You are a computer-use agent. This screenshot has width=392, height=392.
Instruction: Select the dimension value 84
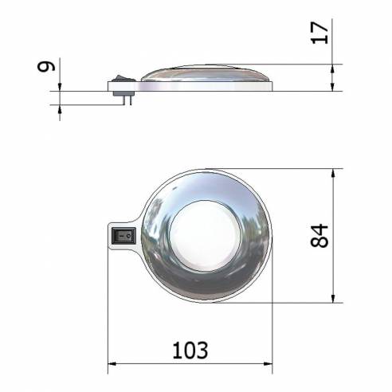pos(319,235)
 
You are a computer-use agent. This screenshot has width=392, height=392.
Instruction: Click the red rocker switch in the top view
pos(123,236)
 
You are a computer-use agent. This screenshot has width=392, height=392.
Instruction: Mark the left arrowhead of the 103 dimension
pos(112,365)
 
